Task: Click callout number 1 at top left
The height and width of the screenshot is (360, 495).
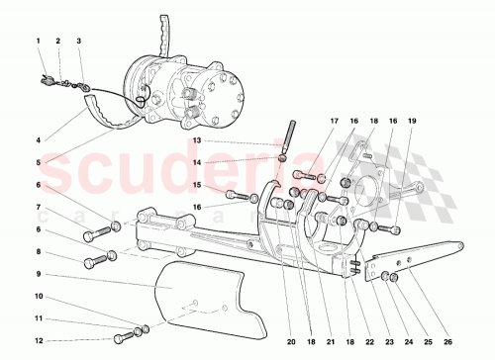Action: tap(38, 41)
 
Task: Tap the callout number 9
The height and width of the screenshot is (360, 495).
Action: tap(38, 273)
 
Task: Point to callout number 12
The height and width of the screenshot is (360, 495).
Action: tap(38, 340)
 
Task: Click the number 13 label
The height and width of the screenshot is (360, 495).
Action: tap(197, 141)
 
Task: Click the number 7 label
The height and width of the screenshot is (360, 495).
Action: tap(38, 208)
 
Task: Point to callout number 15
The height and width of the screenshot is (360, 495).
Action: tap(197, 184)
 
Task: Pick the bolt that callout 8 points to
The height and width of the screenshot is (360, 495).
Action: tap(97, 262)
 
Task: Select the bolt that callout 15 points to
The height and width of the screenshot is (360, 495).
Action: tap(234, 193)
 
